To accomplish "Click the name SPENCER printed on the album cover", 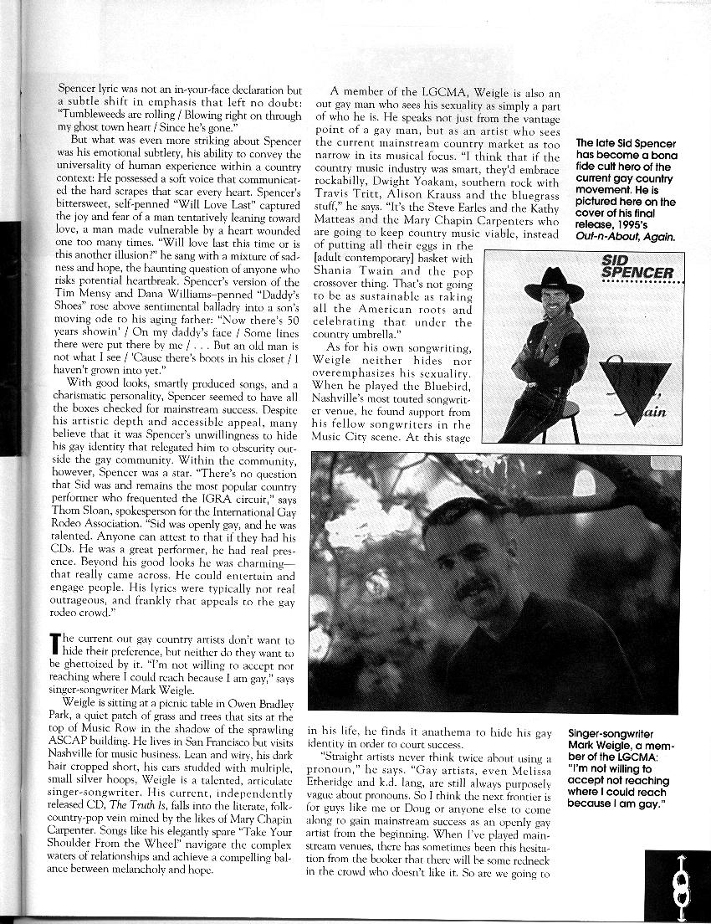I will pos(637,273).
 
